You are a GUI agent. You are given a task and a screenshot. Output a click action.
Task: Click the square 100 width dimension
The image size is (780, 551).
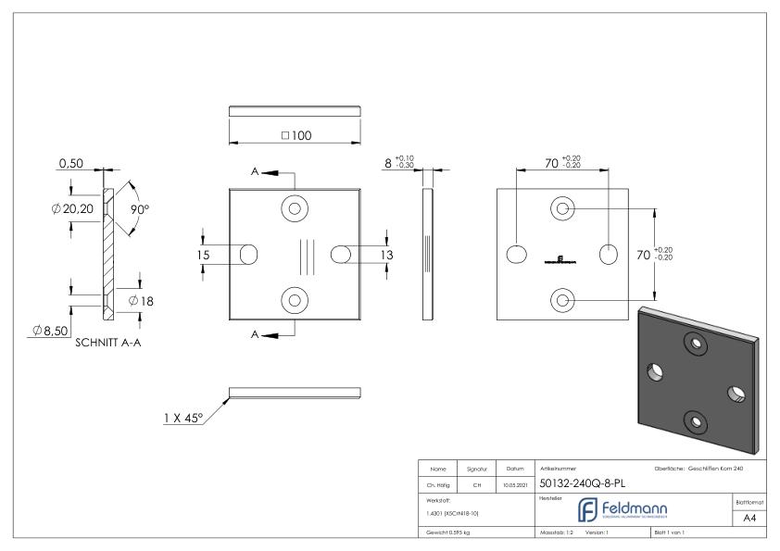[296, 135]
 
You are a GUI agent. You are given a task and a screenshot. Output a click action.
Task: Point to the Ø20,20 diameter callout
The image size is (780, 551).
[77, 208]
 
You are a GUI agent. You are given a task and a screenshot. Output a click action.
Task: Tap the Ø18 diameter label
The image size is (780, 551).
[142, 301]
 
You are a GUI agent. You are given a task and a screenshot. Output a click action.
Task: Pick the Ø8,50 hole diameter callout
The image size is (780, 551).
[41, 332]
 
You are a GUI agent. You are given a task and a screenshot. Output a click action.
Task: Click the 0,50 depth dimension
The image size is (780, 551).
[72, 163]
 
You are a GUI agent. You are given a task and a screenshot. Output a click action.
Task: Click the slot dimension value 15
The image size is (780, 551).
[203, 255]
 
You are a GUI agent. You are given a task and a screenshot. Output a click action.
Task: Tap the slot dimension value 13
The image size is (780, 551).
[384, 254]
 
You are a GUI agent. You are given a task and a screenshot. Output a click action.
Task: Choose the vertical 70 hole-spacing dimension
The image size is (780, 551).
[646, 254]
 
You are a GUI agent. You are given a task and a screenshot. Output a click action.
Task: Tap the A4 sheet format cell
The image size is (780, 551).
[751, 518]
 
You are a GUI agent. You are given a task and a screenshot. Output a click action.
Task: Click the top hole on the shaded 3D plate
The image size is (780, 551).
[694, 344]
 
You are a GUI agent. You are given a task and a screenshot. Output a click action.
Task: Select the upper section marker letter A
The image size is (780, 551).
[255, 172]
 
